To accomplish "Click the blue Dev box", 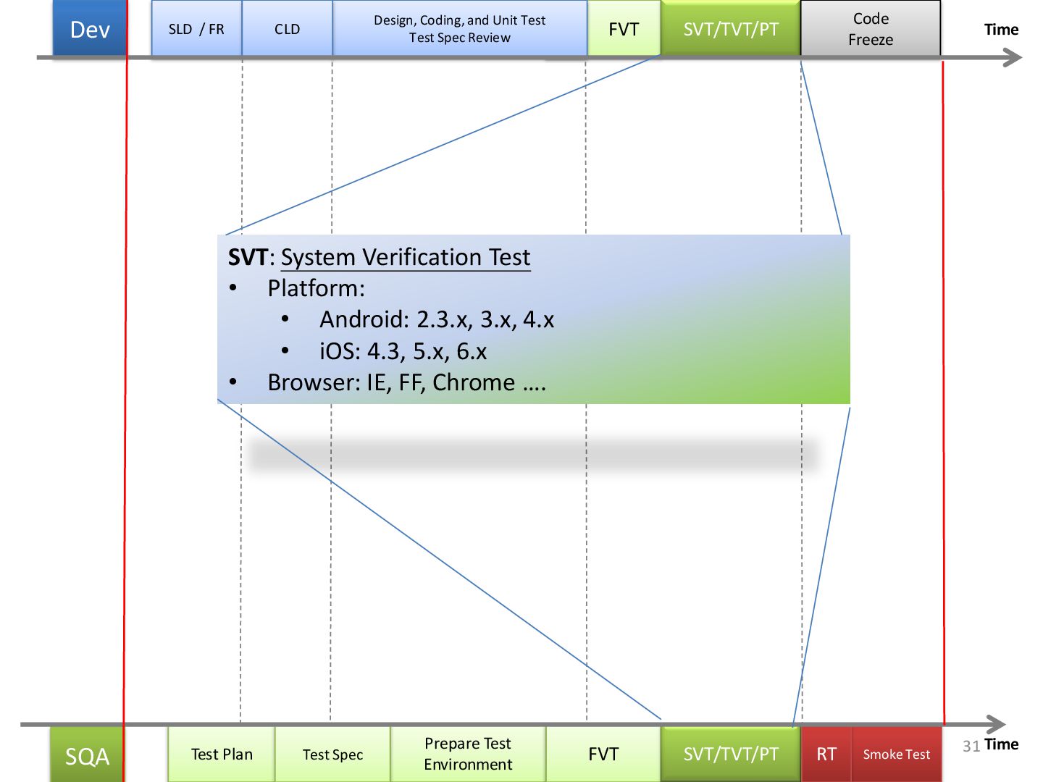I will point(90,29).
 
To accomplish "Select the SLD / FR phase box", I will point(196,29).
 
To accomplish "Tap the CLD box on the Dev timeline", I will point(287,29).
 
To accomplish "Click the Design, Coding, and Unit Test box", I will point(459,29).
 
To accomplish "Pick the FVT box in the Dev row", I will point(624,29).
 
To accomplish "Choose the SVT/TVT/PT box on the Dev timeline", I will point(731,29).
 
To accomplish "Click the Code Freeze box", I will point(871,29).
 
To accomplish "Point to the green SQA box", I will point(87,755).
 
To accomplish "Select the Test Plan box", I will point(222,754).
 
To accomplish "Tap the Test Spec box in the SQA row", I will point(332,754).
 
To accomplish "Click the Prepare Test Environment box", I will point(468,754).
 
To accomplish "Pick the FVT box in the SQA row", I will point(603,754).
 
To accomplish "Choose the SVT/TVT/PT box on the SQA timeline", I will point(731,754).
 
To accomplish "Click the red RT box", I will point(826,754).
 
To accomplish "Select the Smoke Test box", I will point(896,754).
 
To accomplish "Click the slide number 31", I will point(971,746).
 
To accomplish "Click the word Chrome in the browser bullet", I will point(474,382).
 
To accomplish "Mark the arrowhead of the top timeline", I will point(1013,58).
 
